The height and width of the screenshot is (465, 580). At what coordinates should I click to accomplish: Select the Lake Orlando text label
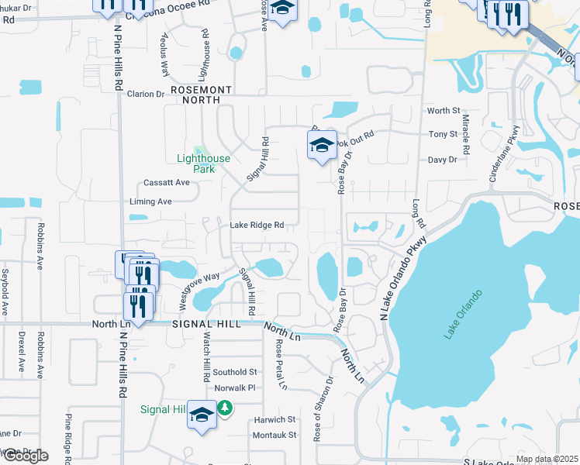tap(464, 314)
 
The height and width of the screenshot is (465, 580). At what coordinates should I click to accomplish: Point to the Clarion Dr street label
tap(146, 95)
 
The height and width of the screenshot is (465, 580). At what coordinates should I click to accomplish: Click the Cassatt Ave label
tap(167, 183)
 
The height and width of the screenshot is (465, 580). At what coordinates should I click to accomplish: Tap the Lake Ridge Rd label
tap(257, 226)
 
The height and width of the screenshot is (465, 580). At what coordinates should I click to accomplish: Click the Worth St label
tap(444, 112)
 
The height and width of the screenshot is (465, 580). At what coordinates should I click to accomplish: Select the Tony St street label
tap(444, 135)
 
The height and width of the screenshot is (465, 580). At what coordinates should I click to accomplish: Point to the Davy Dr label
tap(442, 160)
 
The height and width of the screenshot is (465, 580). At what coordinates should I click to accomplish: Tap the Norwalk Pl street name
tap(234, 388)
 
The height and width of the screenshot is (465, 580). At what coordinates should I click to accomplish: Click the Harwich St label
tap(275, 419)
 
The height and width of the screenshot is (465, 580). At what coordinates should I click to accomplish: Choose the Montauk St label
tap(275, 436)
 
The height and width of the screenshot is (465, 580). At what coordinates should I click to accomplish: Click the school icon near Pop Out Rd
tap(322, 145)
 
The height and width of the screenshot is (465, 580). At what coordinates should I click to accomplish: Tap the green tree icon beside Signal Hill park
tap(225, 407)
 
